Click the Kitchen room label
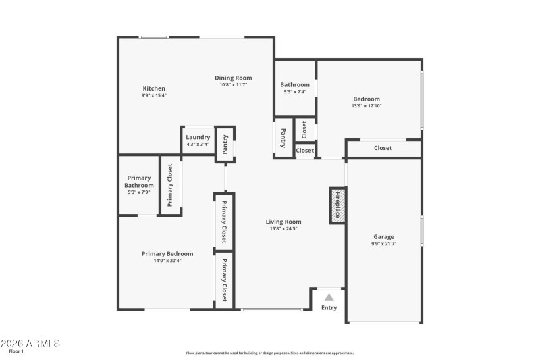tap(154, 88)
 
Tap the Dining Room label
tap(234, 78)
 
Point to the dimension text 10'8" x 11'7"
tap(234, 85)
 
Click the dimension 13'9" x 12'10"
tap(367, 105)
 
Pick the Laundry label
tap(198, 137)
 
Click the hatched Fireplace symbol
tap(337, 205)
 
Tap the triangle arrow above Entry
tap(329, 297)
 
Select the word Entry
tap(329, 308)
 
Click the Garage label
tap(384, 237)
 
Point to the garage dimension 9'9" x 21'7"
tap(384, 244)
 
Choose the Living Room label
tap(283, 222)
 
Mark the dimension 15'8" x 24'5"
tap(283, 229)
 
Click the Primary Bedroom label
tap(167, 254)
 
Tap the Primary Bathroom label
tap(139, 182)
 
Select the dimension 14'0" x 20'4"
tap(167, 261)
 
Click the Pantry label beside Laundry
tap(225, 145)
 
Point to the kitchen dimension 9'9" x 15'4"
tap(154, 95)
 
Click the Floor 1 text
tap(16, 351)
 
